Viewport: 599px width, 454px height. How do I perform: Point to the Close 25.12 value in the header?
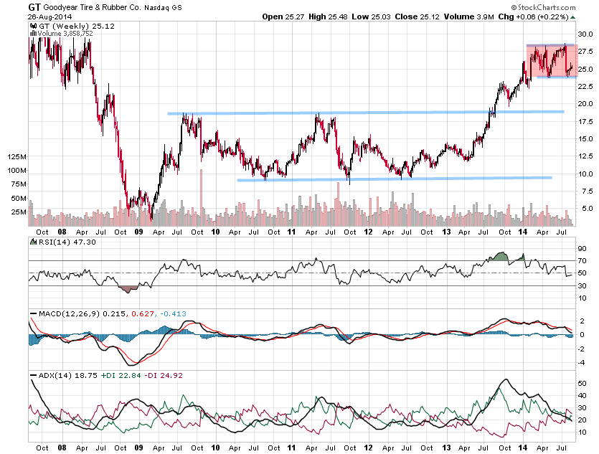425,16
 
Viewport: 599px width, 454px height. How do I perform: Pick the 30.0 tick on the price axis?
585,34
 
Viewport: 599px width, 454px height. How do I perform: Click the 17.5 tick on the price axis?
585,121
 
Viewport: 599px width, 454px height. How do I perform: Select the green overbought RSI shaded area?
501,257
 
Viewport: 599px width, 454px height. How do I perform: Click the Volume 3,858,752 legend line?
62,34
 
